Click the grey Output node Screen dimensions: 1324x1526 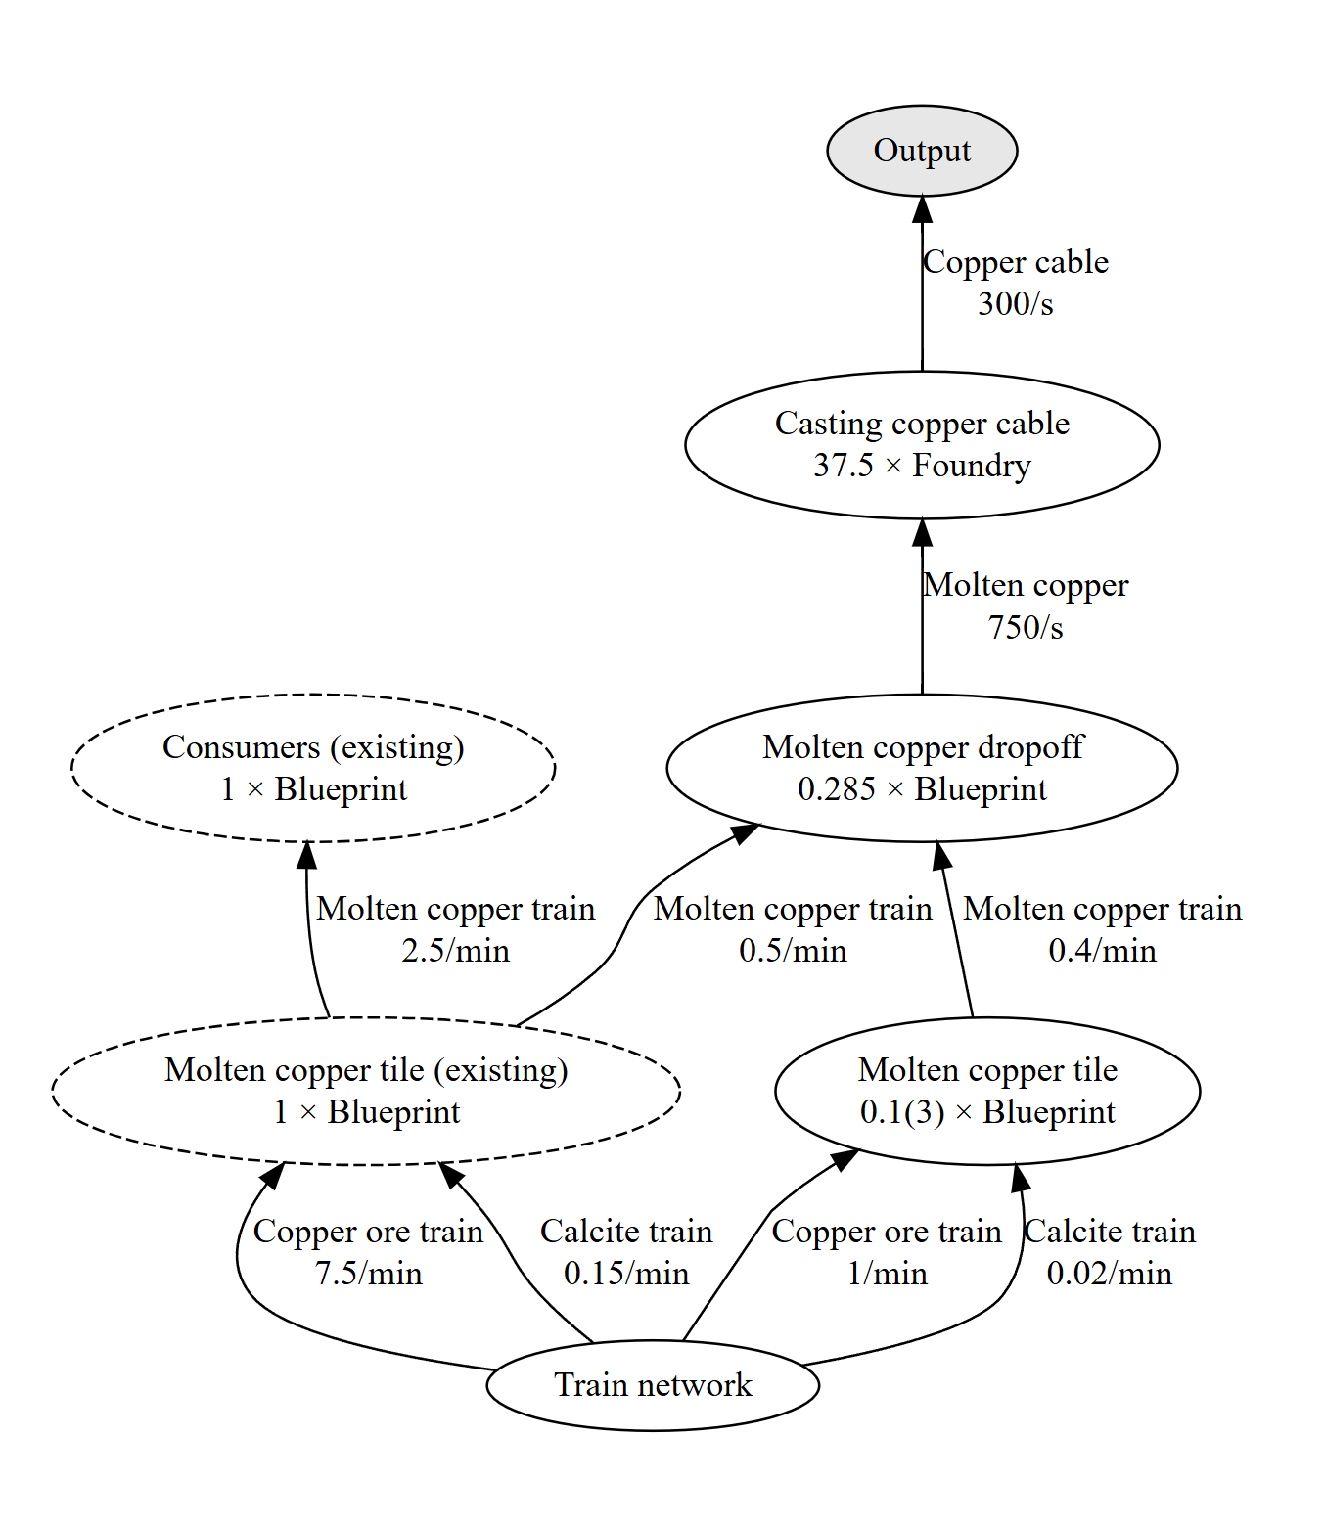[921, 151]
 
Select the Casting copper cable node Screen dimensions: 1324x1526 [921, 444]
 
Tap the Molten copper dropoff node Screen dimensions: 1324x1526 [921, 768]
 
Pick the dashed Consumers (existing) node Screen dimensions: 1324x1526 [313, 768]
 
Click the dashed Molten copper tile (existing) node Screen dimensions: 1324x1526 [366, 1091]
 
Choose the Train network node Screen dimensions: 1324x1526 [653, 1385]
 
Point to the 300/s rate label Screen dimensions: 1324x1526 [1015, 304]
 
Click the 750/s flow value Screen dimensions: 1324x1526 [1025, 627]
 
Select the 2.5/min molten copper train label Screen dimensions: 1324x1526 [455, 951]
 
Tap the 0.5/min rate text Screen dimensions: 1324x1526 [793, 951]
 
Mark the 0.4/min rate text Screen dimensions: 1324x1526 [1103, 951]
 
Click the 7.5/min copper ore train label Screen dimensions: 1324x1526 [369, 1274]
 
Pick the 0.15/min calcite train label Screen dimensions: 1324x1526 [626, 1274]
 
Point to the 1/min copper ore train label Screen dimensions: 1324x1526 [887, 1274]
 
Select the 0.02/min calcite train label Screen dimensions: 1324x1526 [1109, 1274]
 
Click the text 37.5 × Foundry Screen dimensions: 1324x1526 [922, 466]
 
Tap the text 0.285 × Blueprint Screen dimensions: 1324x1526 [922, 789]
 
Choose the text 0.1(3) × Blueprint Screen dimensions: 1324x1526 [986, 1112]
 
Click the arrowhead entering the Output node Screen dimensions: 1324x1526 [922, 209]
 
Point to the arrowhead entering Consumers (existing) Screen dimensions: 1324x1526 [306, 856]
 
